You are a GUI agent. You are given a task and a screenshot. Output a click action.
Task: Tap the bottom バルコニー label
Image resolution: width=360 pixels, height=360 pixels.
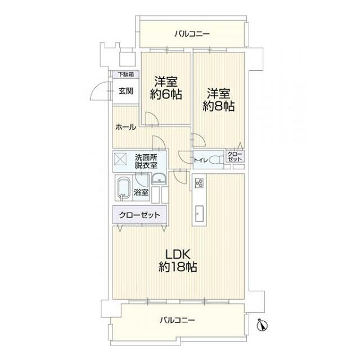(177, 320)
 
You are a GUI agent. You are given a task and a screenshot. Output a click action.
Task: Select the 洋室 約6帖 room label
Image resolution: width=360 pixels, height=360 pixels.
(165, 89)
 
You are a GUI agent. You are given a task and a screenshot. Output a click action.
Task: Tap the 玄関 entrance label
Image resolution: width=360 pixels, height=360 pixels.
(125, 91)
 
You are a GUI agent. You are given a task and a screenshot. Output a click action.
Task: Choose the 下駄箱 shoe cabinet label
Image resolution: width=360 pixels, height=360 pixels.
(125, 74)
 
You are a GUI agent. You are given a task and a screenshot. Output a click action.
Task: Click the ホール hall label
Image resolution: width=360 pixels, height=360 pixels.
(125, 127)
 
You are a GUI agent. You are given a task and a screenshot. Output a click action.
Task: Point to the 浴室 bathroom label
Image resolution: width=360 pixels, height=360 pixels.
(142, 192)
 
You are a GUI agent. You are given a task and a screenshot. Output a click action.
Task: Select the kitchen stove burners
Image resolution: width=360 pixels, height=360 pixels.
(199, 182)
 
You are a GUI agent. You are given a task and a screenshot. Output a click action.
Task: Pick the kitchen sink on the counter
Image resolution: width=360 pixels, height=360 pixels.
(200, 213)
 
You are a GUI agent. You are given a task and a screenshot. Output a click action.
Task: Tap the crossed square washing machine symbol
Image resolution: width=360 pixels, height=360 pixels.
(122, 159)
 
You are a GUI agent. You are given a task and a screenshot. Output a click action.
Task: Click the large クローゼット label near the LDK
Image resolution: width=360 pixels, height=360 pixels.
(139, 215)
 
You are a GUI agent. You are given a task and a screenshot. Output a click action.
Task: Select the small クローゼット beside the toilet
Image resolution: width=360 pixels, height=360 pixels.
(235, 157)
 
